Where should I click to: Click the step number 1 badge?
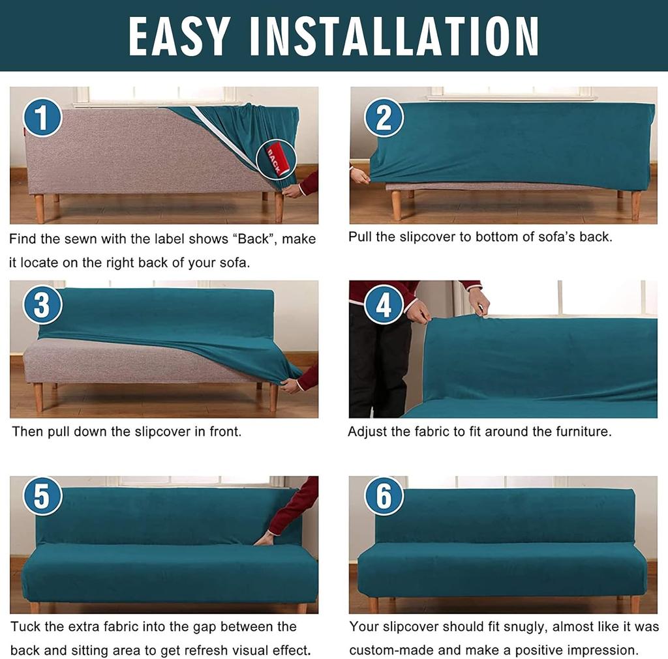(x=42, y=119)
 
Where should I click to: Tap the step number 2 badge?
(x=384, y=118)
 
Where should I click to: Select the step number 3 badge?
(x=42, y=305)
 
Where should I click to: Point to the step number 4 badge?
(x=384, y=304)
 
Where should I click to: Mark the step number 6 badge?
(x=384, y=496)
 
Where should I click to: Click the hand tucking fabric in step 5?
(x=264, y=538)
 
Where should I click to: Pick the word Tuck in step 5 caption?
(x=27, y=627)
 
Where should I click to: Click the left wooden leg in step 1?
(x=40, y=208)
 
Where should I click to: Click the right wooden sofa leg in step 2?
(x=635, y=205)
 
